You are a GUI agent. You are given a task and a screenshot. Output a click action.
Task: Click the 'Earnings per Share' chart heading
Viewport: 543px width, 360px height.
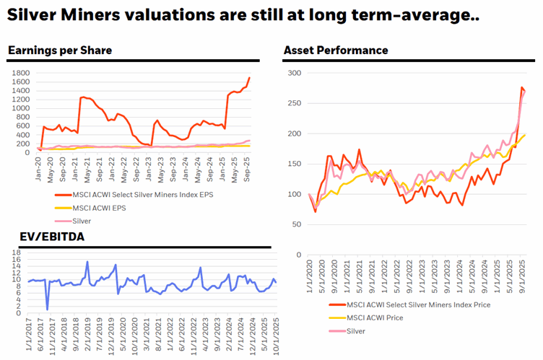(60, 50)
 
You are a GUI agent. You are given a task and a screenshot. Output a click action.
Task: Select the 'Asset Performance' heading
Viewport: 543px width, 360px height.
(336, 50)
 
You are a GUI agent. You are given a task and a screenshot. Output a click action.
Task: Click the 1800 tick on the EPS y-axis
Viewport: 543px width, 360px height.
(19, 73)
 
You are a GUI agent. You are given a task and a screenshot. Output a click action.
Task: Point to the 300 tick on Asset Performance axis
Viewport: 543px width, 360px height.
(294, 73)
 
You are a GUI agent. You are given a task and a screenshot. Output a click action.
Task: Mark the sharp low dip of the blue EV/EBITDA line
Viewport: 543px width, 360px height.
(48, 309)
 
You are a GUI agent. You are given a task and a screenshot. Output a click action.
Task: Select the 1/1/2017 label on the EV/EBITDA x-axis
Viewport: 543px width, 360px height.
(29, 333)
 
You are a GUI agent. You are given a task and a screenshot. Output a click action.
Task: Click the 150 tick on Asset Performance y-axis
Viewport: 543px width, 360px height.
(294, 164)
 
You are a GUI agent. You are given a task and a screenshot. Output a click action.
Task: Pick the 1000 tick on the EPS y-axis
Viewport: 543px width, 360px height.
(19, 108)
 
